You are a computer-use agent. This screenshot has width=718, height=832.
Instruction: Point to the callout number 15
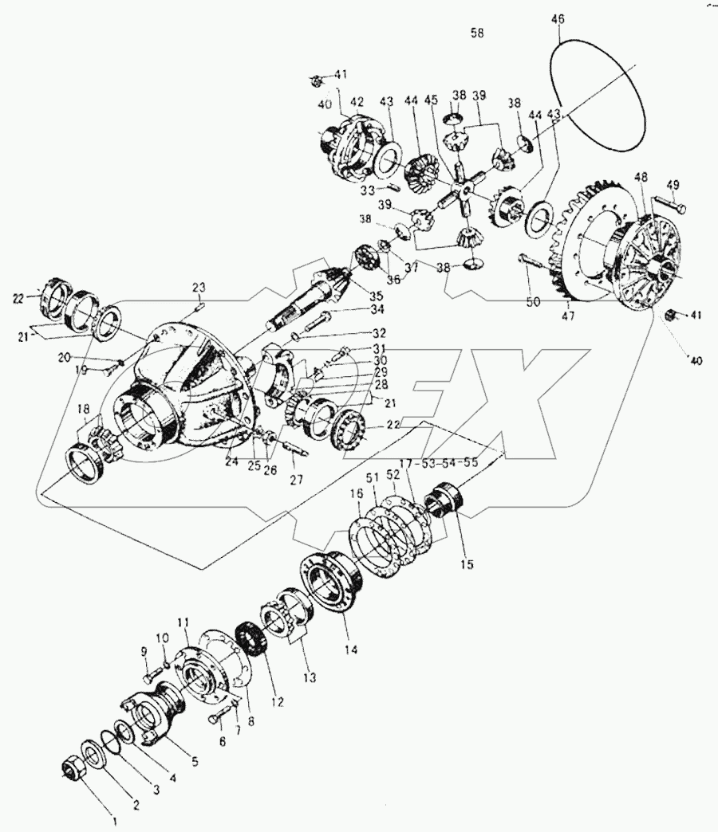click(467, 564)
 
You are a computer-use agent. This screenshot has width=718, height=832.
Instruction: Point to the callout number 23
click(199, 287)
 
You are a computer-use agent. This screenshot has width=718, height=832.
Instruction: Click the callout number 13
click(309, 677)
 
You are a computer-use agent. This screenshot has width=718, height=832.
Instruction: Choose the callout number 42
click(356, 101)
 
